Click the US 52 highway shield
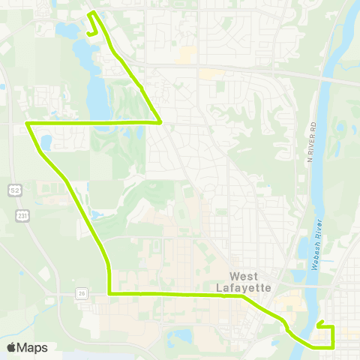(x=14, y=191)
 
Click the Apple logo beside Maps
(x=11, y=348)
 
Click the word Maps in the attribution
(x=32, y=348)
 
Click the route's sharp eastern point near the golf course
(x=160, y=121)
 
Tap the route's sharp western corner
(x=27, y=123)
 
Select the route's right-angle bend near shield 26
(x=109, y=293)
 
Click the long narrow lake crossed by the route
(x=97, y=94)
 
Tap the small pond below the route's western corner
(x=45, y=142)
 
